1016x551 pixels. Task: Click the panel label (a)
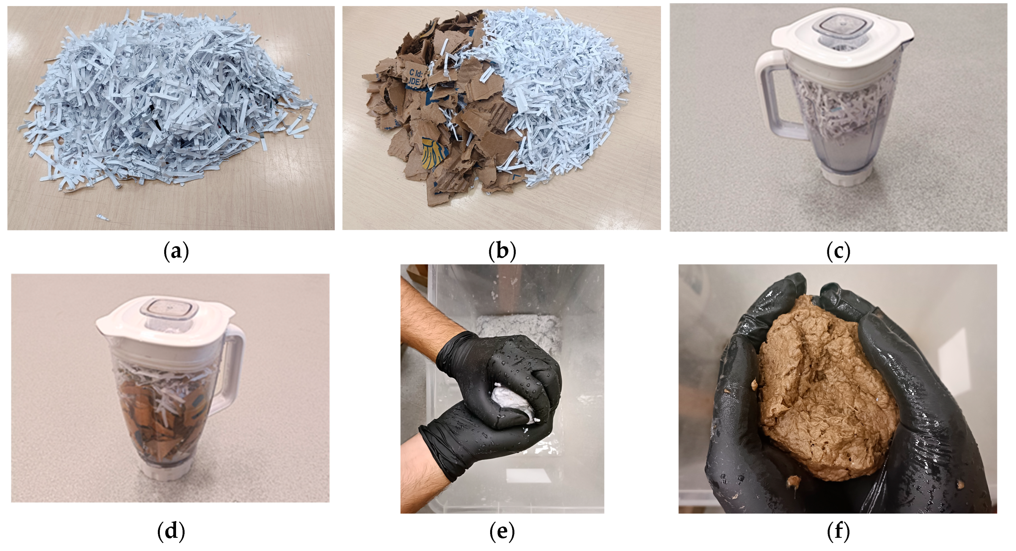(176, 251)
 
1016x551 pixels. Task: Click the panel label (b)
(502, 251)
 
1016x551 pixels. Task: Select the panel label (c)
(838, 251)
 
